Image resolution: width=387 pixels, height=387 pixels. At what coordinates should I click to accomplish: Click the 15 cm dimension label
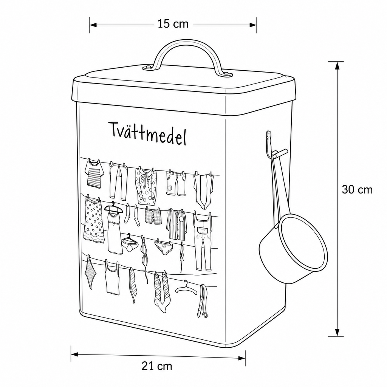pyautogui.click(x=173, y=24)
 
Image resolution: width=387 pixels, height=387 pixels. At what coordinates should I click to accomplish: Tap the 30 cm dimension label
pyautogui.click(x=357, y=190)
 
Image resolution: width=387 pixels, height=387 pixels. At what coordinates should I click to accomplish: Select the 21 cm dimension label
pyautogui.click(x=157, y=366)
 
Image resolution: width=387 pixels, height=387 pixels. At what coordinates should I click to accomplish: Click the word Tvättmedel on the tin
pyautogui.click(x=148, y=133)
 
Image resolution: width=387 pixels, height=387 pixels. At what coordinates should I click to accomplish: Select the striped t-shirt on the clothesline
pyautogui.click(x=94, y=174)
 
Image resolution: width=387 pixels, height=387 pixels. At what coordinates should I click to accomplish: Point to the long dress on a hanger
pyautogui.click(x=114, y=228)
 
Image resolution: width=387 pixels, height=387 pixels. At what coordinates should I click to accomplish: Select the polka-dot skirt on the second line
pyautogui.click(x=94, y=220)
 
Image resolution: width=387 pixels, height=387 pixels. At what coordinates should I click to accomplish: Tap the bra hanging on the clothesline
pyautogui.click(x=144, y=258)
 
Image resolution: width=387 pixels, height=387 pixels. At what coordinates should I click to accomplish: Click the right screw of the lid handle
pyautogui.click(x=227, y=73)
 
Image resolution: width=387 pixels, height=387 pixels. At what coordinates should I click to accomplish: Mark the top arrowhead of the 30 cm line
pyautogui.click(x=336, y=65)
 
